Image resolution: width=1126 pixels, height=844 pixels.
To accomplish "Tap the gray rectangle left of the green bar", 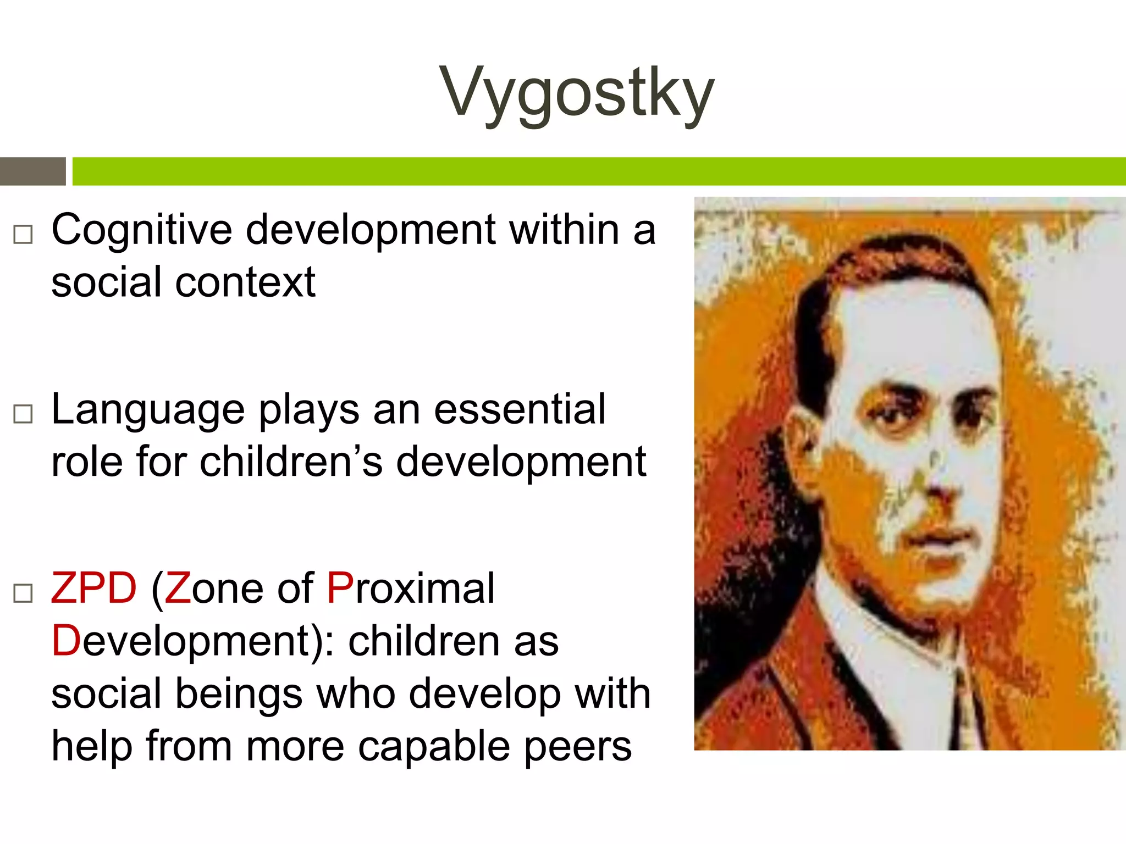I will pyautogui.click(x=32, y=171).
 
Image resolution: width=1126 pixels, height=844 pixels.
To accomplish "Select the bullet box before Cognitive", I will pyautogui.click(x=23, y=235).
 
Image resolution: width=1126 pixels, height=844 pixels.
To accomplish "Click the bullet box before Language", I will pyautogui.click(x=23, y=414).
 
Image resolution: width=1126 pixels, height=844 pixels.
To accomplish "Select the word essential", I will pyautogui.click(x=520, y=409).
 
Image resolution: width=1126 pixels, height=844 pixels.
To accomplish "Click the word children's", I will pyautogui.click(x=291, y=462).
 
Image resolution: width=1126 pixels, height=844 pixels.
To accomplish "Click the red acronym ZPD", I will pyautogui.click(x=93, y=588).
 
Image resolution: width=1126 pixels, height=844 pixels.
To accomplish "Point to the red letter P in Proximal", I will pyautogui.click(x=339, y=588).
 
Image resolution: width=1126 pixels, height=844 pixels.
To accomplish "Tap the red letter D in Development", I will pyautogui.click(x=66, y=641).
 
